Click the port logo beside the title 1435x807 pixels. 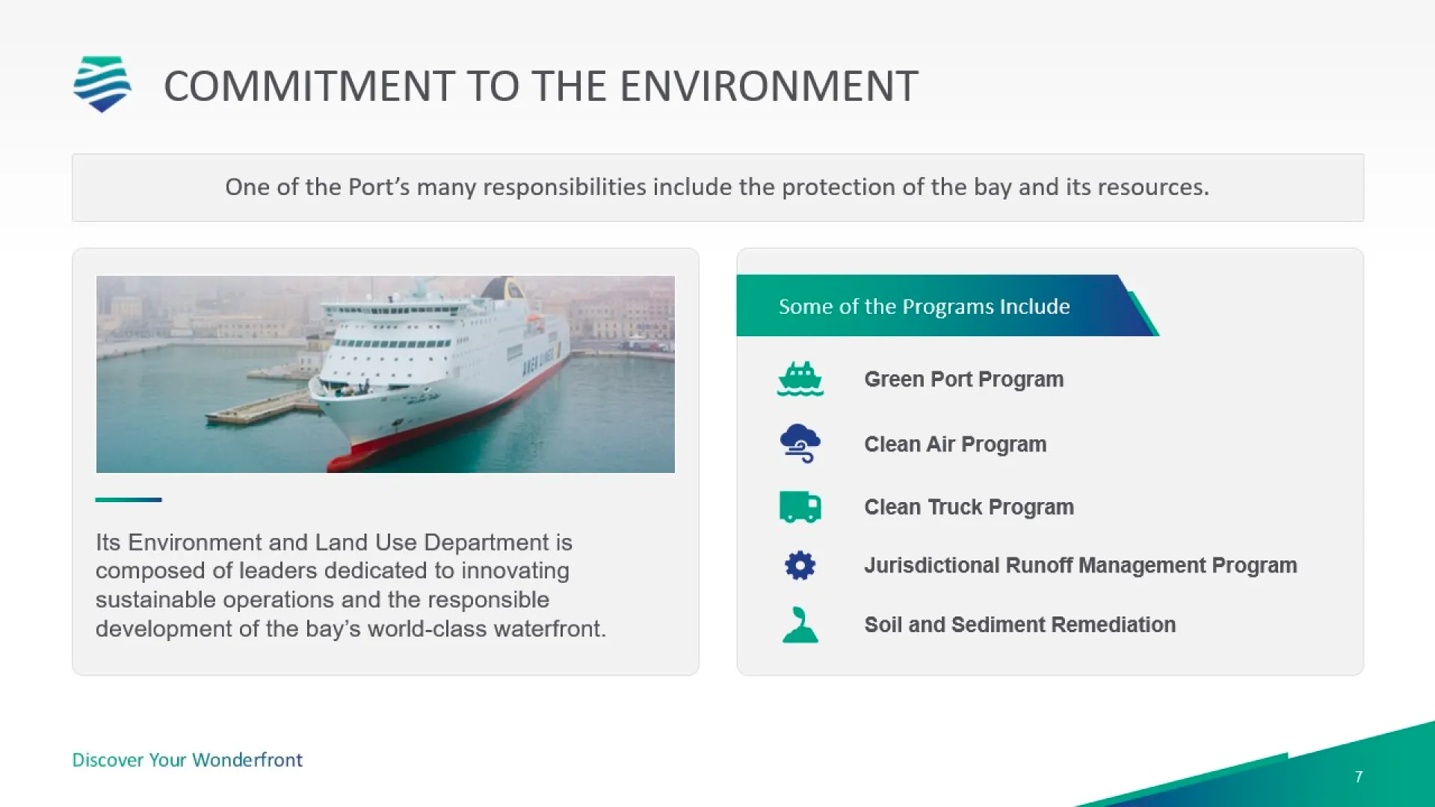pos(102,84)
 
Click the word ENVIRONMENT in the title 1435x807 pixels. pos(769,86)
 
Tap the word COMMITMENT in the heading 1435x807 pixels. pos(309,86)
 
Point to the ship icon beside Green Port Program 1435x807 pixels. pos(800,379)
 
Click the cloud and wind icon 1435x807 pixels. pos(800,444)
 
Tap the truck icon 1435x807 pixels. pos(800,507)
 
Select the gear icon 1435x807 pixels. pos(800,566)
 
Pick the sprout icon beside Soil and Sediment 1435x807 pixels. pos(800,625)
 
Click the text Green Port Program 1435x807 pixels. pos(963,380)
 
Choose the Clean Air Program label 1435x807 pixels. pos(955,445)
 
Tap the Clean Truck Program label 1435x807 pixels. pos(969,507)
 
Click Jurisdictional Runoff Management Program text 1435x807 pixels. pos(1080,566)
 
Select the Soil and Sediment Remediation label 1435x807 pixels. pos(1019,625)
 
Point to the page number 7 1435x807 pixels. pos(1358,777)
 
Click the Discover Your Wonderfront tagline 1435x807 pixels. pos(187,760)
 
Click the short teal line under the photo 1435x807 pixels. pos(129,499)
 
